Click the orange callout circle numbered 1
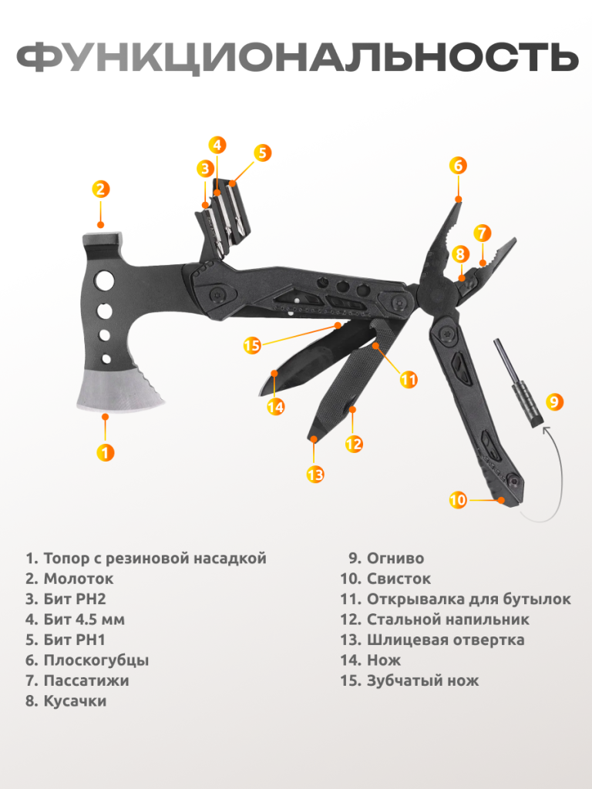coord(105,452)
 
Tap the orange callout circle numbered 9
coord(553,401)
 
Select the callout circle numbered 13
coord(315,474)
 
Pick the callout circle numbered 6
coord(458,165)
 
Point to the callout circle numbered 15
coord(252,346)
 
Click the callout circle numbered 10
coord(458,500)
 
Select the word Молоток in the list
coord(79,579)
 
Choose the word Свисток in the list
coord(399,579)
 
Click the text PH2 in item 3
coord(91,599)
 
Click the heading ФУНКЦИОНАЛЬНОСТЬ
coord(298,57)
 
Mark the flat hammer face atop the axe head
coord(103,236)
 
